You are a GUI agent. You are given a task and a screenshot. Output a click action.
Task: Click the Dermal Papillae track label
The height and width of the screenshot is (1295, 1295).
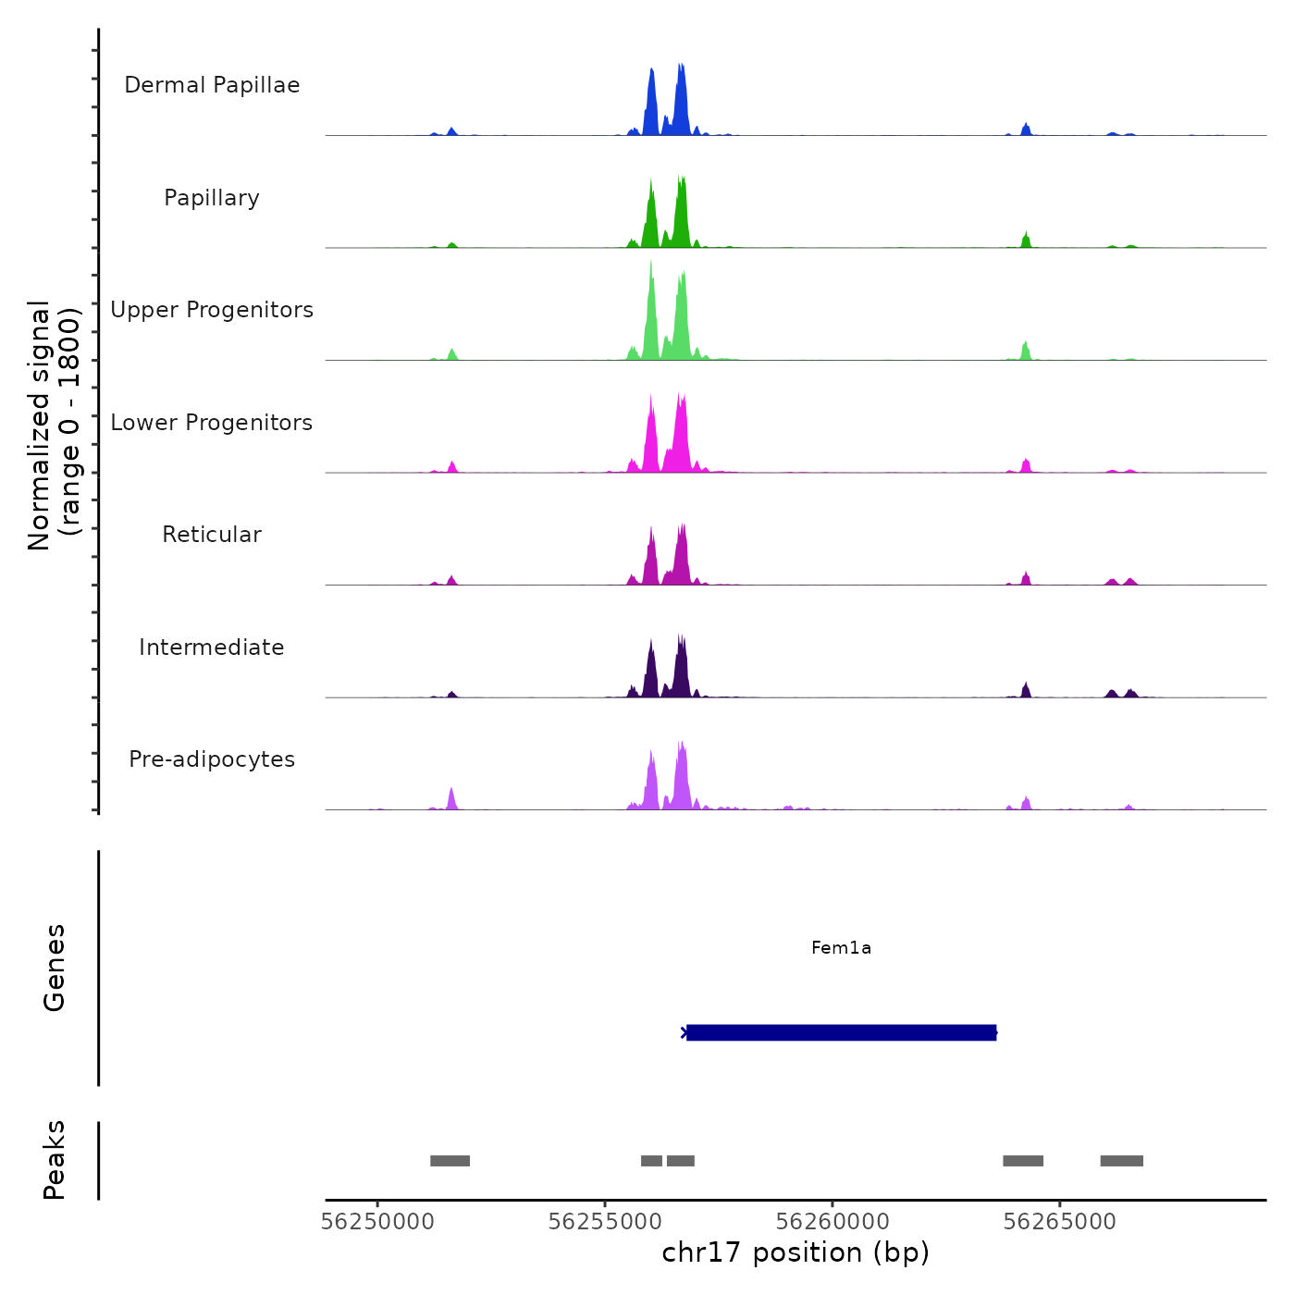tap(212, 85)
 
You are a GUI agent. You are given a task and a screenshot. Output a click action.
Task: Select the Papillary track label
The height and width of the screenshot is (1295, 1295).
tap(212, 198)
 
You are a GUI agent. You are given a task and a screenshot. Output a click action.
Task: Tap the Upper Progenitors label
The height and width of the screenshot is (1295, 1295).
tap(212, 310)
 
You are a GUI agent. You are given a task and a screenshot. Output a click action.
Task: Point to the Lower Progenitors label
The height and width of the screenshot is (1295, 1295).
tap(212, 423)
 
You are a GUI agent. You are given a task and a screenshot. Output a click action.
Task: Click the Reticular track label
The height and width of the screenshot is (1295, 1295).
tap(212, 535)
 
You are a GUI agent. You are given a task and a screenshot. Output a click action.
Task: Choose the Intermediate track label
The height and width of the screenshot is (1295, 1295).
tap(212, 647)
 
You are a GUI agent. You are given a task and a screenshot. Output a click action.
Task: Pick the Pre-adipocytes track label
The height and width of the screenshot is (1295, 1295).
tap(212, 759)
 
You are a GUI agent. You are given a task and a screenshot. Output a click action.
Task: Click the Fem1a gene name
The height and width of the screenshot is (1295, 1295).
tap(841, 947)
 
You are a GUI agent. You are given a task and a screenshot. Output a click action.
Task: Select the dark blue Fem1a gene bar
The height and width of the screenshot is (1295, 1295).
tap(841, 1032)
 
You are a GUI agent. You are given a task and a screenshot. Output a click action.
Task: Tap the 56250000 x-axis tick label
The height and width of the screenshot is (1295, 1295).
tap(377, 1222)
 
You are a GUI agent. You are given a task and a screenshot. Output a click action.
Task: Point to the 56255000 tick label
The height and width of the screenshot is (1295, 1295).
tap(605, 1222)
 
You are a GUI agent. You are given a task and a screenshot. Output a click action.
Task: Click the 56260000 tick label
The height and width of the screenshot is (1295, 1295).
tap(832, 1222)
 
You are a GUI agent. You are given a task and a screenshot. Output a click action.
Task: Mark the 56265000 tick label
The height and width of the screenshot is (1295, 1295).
tap(1060, 1222)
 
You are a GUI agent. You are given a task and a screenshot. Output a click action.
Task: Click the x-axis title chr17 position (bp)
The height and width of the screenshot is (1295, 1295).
tap(795, 1252)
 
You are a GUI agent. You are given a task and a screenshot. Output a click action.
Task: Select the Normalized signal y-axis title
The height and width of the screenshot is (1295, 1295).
tap(54, 425)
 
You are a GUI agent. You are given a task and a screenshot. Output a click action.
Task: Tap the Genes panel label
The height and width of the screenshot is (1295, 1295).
tap(55, 968)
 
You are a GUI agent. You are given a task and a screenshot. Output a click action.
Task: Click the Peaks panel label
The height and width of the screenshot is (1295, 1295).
tap(55, 1160)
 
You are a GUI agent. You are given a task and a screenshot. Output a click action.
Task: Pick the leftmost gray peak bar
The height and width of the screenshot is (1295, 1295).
tap(450, 1161)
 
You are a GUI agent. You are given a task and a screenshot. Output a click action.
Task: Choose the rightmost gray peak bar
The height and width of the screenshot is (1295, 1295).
tap(1121, 1161)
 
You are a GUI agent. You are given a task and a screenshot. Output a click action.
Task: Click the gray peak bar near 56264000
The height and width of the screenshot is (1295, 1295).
tap(1023, 1161)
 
